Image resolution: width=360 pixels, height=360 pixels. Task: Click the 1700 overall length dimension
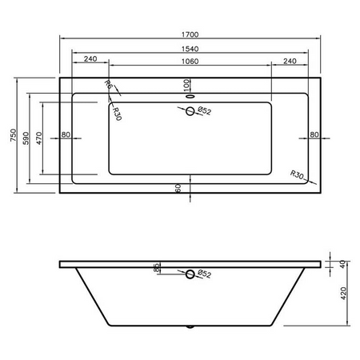tap(190, 34)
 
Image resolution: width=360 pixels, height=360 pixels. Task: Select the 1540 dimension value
tap(190, 49)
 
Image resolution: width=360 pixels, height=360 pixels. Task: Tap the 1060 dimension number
tap(190, 62)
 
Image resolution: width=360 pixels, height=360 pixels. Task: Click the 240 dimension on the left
tap(90, 58)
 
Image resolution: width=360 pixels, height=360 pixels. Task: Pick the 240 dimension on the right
tap(290, 61)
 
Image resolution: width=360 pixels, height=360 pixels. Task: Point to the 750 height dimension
tap(13, 135)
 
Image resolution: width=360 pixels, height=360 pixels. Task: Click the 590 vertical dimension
tap(26, 138)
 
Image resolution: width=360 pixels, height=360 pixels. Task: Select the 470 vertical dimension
tap(39, 138)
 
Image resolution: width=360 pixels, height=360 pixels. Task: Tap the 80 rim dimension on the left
tap(66, 134)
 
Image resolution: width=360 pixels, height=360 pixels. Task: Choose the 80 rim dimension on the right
tap(314, 134)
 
